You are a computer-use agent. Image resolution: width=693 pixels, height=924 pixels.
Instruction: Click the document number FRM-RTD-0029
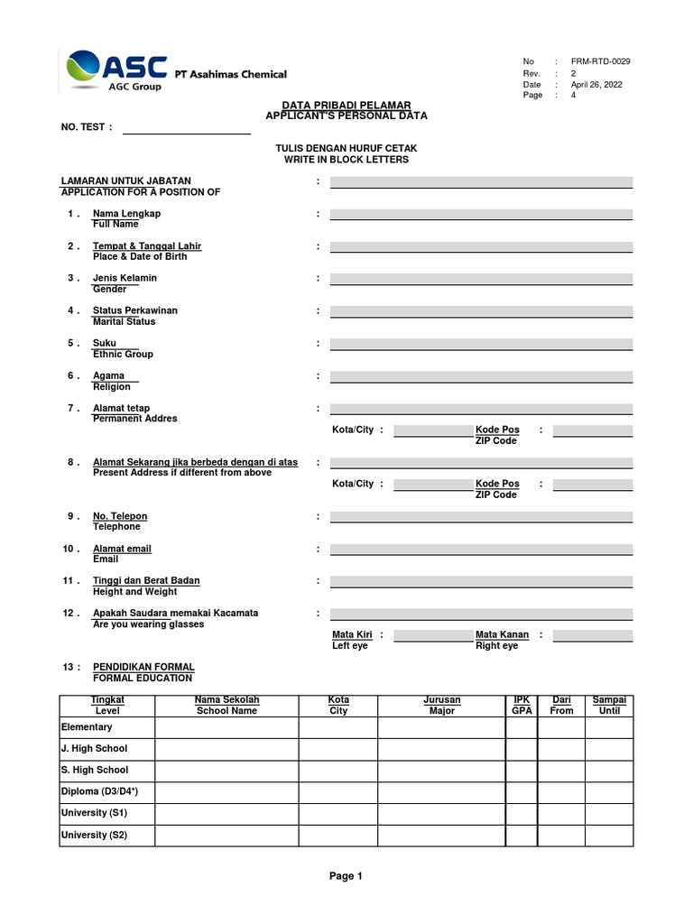click(601, 61)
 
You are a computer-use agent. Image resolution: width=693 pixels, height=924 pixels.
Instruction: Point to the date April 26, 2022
click(596, 84)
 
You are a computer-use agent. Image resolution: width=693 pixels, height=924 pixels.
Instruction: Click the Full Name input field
click(481, 215)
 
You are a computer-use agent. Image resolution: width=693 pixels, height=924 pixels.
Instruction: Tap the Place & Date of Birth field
click(481, 247)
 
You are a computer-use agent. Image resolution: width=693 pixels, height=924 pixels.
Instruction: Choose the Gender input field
click(481, 280)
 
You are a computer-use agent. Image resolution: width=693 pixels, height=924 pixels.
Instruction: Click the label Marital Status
click(125, 321)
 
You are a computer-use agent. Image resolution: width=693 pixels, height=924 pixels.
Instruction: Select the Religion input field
click(481, 376)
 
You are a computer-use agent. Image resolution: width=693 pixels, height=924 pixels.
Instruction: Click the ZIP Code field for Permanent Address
click(592, 431)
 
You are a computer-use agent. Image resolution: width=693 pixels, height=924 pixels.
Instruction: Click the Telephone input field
click(481, 518)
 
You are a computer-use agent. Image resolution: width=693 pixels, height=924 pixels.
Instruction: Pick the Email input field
click(481, 550)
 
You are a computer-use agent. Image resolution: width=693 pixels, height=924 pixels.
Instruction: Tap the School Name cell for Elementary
click(227, 727)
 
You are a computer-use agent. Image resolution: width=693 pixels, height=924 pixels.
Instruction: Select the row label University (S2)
click(94, 835)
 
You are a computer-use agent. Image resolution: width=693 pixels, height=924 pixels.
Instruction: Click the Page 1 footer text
click(346, 875)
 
